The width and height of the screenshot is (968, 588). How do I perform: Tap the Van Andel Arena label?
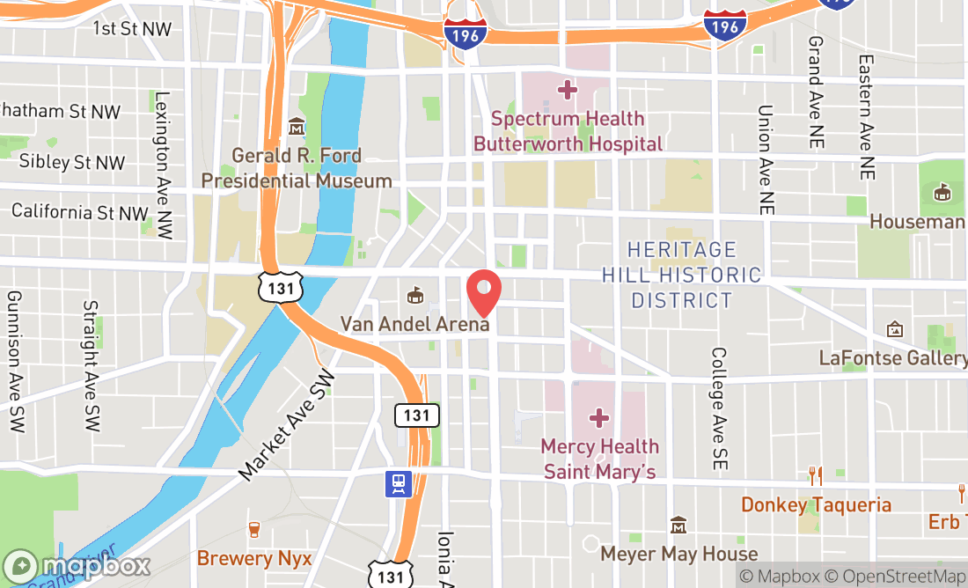click(x=414, y=324)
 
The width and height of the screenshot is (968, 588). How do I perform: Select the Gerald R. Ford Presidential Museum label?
click(x=297, y=168)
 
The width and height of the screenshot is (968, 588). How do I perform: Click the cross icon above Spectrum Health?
click(x=568, y=89)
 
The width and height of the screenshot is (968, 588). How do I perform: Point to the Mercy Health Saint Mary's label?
click(x=599, y=459)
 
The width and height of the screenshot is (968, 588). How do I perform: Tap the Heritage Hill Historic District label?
click(x=681, y=275)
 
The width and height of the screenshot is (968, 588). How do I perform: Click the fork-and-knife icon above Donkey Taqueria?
click(x=816, y=476)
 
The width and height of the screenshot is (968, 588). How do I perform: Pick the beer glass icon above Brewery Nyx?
click(x=254, y=530)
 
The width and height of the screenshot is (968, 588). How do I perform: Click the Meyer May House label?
click(x=678, y=554)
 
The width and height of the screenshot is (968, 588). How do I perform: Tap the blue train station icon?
click(x=399, y=483)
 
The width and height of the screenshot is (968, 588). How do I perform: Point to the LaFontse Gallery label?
click(x=892, y=357)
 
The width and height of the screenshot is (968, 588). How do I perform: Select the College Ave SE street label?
click(x=719, y=407)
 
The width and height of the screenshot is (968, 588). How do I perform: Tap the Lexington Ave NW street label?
click(x=162, y=165)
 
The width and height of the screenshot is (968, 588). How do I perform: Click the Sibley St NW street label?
click(x=72, y=162)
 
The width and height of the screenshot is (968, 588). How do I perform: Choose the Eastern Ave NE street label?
click(x=867, y=118)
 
